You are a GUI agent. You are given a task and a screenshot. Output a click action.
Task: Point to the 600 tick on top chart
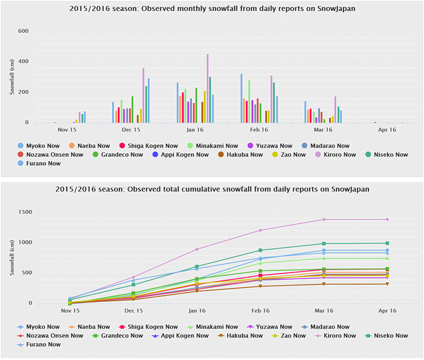pyautogui.click(x=23, y=31)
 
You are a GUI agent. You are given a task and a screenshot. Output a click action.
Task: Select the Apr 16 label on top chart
pyautogui.click(x=387, y=130)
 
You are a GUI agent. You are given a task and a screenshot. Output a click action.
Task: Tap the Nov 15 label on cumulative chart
pyautogui.click(x=70, y=311)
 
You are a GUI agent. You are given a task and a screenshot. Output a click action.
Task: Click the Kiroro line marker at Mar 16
pyautogui.click(x=323, y=220)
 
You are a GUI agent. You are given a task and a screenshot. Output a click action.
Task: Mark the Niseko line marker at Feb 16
pyautogui.click(x=260, y=250)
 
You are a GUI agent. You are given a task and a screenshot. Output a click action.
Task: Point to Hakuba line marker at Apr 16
pyautogui.click(x=387, y=284)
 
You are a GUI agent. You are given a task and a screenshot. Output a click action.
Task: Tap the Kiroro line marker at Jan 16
pyautogui.click(x=197, y=249)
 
